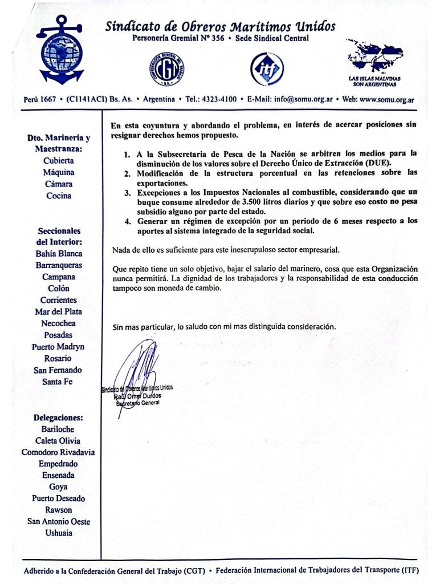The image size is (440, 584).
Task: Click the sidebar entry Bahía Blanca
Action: pos(59,254)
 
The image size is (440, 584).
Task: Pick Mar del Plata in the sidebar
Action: pos(59,312)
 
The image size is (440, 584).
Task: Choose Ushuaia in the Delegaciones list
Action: pos(59,533)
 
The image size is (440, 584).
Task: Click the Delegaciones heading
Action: pos(59,417)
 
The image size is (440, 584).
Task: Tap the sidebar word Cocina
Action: pos(59,196)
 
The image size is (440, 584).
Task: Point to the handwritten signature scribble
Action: pos(137,368)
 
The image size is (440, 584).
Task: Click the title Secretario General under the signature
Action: pos(138,403)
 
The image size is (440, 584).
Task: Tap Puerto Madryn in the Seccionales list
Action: pos(59,347)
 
